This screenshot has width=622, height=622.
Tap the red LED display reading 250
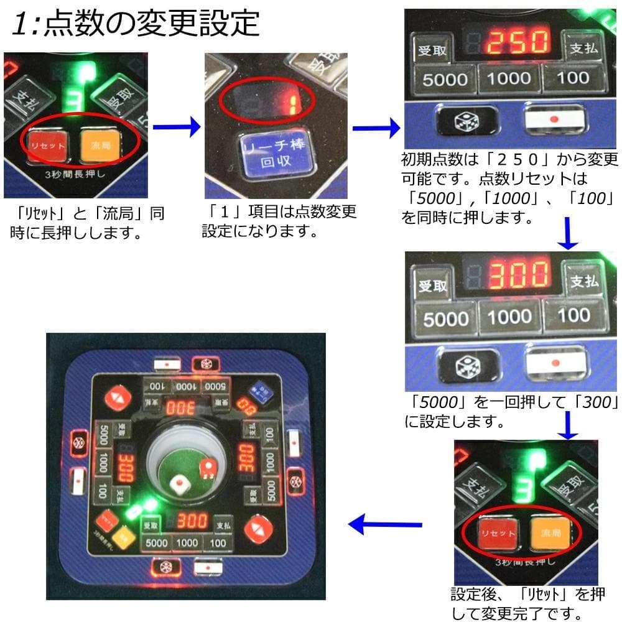pyautogui.click(x=517, y=43)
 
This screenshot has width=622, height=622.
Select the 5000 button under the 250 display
pyautogui.click(x=445, y=79)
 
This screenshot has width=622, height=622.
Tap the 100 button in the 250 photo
pyautogui.click(x=573, y=77)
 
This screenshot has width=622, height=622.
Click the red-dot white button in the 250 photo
pyautogui.click(x=555, y=118)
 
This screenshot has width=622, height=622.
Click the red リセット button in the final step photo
pyautogui.click(x=495, y=533)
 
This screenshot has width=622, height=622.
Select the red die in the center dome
pyautogui.click(x=206, y=467)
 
